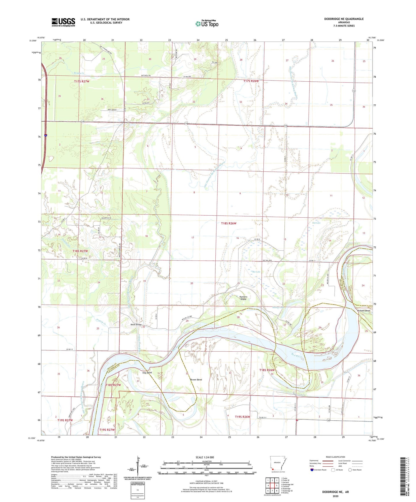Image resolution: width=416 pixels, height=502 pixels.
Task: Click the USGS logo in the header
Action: pos(63,22)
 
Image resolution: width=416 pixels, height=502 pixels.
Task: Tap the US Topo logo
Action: pos(207,24)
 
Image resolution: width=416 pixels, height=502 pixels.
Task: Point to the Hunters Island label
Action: pos(243,298)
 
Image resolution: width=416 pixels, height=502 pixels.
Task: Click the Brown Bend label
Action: pos(196,380)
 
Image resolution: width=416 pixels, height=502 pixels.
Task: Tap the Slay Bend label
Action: pos(147,373)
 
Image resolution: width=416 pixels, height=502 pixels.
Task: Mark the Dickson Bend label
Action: pos(363,311)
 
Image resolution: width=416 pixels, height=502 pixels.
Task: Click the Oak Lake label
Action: pos(316,223)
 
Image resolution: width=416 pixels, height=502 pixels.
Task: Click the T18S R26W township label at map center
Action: pos(229,223)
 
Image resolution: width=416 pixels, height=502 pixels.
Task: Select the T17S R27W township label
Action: pos(82,81)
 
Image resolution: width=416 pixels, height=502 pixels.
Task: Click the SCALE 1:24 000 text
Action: pos(205,457)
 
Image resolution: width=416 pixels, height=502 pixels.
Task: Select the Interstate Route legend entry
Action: pos(318,470)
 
